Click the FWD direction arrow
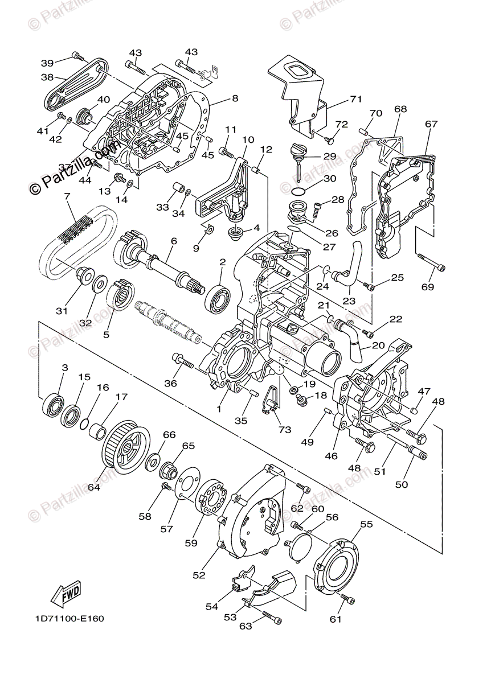66,591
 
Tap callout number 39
47,62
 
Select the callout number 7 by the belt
67,196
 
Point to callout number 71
356,99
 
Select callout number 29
330,156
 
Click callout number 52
198,575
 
